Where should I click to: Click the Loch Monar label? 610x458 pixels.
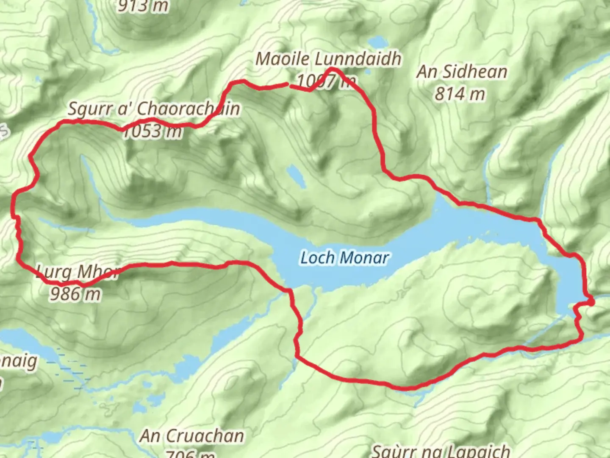(344, 257)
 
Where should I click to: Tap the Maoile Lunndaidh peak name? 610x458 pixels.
(328, 59)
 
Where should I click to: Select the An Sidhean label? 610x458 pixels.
(462, 72)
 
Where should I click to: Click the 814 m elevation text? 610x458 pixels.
(460, 94)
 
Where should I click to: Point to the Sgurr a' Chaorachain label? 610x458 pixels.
(154, 109)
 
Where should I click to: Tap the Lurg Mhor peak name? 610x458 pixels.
(78, 272)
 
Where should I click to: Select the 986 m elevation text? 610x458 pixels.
(75, 293)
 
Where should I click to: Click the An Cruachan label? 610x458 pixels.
(192, 436)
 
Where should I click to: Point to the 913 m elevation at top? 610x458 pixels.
(143, 6)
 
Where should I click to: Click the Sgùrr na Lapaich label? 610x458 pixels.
(441, 451)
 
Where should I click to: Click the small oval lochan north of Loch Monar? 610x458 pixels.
(296, 176)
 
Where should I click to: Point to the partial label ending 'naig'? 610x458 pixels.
(19, 361)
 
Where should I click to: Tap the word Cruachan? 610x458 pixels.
(205, 436)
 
